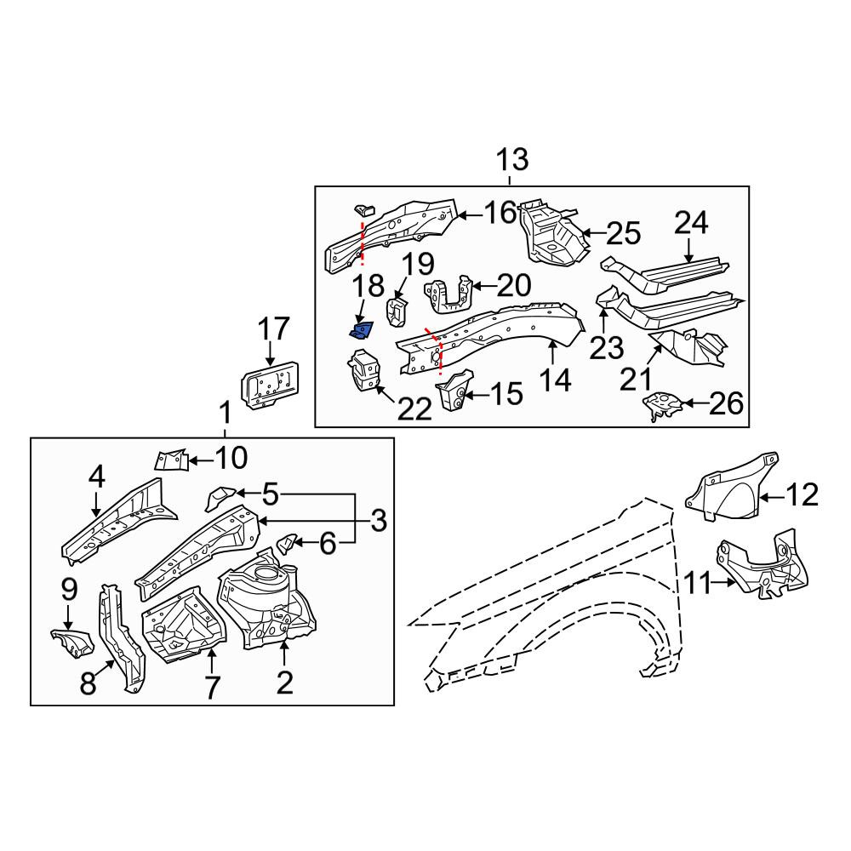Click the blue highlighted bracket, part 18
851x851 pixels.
[361, 329]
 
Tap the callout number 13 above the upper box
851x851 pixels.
[511, 160]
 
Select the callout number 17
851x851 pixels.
[273, 329]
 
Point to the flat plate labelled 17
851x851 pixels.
[270, 383]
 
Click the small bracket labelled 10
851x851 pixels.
[172, 460]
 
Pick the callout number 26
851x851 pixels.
[726, 403]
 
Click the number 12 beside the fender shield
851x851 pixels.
[801, 495]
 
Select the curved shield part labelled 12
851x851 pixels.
[732, 486]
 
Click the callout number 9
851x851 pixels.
[70, 590]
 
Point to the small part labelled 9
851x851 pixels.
[71, 643]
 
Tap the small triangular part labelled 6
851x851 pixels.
[287, 545]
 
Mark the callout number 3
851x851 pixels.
[379, 521]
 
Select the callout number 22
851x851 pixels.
[414, 409]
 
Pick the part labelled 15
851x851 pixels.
[454, 390]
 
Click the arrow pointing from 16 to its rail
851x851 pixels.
[470, 216]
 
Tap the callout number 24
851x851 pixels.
[691, 223]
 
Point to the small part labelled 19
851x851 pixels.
[397, 311]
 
